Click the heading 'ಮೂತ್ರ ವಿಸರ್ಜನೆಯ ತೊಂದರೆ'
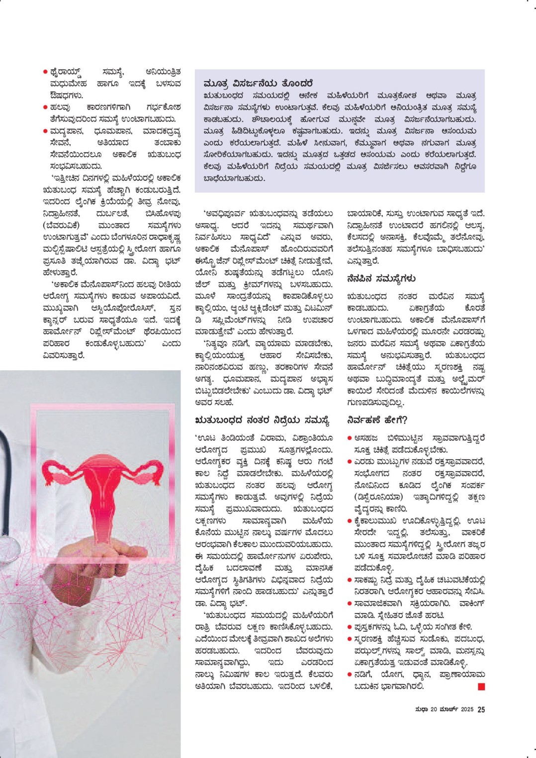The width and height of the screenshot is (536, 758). pos(258,83)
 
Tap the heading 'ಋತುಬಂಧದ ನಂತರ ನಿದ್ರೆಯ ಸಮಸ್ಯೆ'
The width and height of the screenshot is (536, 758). pos(262,421)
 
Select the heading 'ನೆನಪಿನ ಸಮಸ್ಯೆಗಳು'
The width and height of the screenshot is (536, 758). pos(381,278)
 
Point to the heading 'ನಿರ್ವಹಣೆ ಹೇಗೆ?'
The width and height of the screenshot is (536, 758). pos(377,420)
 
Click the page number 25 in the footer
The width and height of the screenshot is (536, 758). pos(481,709)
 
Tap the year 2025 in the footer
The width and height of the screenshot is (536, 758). pos(467,709)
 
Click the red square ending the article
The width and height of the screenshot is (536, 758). pos(481,686)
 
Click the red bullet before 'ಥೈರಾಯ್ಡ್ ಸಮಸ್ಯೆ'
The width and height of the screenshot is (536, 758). pos(45,72)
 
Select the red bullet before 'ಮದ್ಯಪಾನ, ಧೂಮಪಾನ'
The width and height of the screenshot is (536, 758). pos(45,131)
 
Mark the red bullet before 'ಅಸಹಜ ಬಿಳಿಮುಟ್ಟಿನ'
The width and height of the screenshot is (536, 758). pos(350,438)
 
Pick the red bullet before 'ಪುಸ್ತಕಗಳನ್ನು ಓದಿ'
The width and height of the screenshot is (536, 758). pos(350,627)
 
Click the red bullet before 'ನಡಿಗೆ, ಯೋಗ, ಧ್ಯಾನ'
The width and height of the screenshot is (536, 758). pos(350,674)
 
